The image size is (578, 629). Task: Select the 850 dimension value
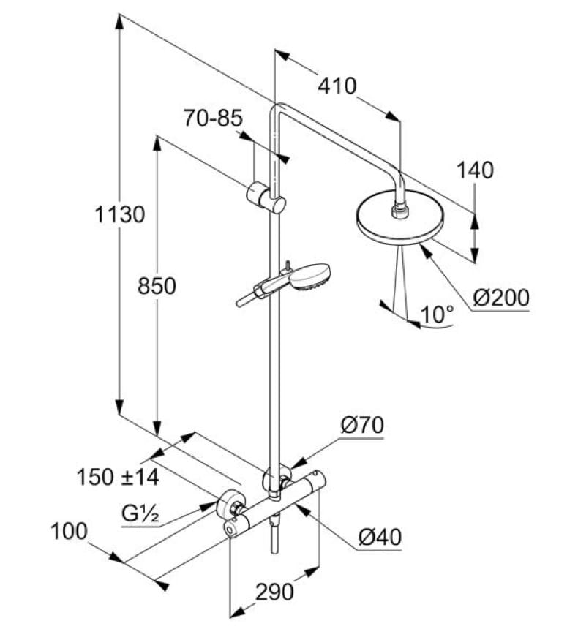point(157,285)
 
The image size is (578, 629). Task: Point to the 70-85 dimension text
point(212,118)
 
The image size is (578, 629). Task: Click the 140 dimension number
point(476,170)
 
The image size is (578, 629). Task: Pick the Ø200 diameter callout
point(500,298)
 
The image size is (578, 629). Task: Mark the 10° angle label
point(438,314)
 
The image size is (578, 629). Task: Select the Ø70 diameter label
point(361,425)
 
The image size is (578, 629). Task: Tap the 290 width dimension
point(274,591)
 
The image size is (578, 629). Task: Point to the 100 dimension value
point(70,531)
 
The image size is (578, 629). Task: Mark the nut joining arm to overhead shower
point(399,211)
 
